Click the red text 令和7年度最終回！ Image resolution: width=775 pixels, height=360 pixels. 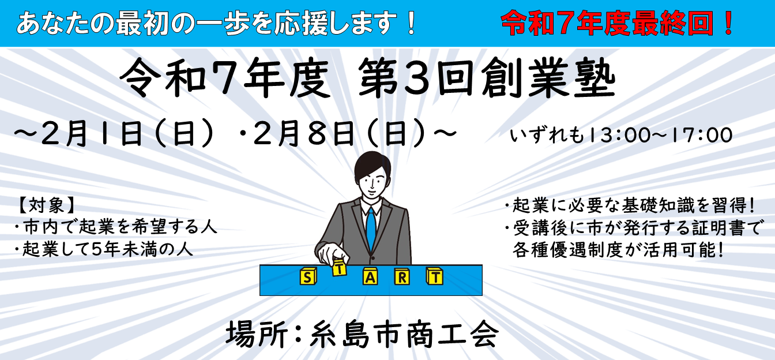click(x=618, y=24)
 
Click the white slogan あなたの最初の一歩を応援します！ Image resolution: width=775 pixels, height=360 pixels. click(x=217, y=25)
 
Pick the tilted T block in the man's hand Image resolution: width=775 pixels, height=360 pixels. click(x=339, y=267)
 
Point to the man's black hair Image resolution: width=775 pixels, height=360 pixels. click(x=370, y=164)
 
